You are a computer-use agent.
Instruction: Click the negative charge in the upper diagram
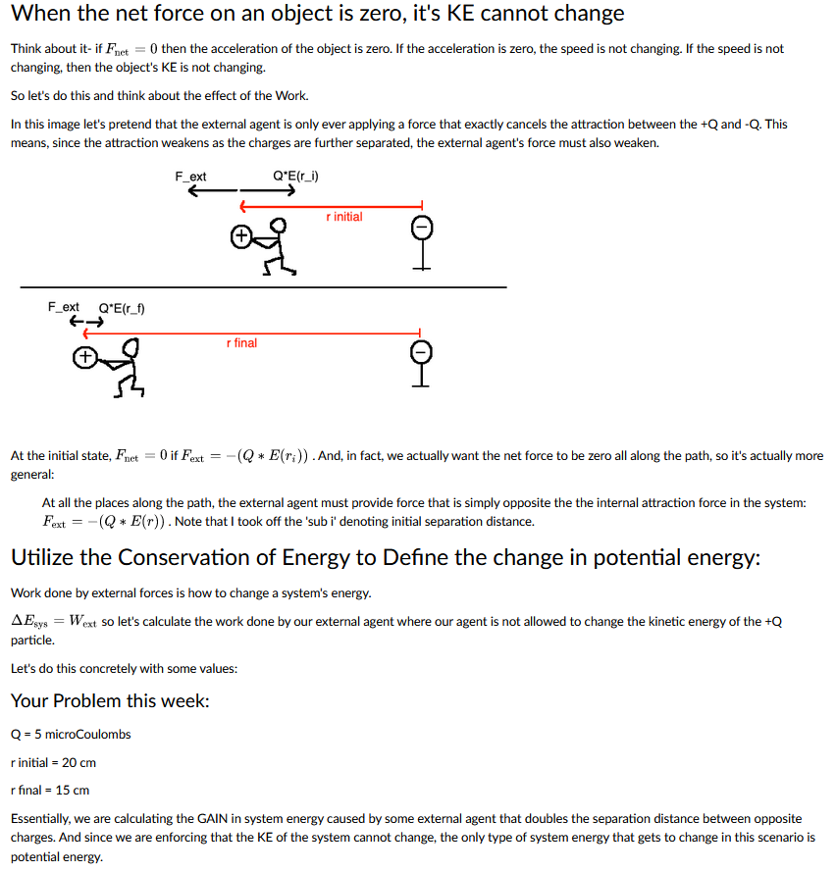pyautogui.click(x=421, y=228)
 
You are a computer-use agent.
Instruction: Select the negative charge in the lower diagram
pyautogui.click(x=421, y=351)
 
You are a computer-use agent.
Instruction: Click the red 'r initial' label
pyautogui.click(x=343, y=217)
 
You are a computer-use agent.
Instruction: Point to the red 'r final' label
pyautogui.click(x=241, y=343)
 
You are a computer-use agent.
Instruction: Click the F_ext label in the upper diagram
pyautogui.click(x=190, y=177)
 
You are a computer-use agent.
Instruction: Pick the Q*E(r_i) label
pyautogui.click(x=299, y=177)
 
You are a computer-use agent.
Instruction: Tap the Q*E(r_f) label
pyautogui.click(x=123, y=307)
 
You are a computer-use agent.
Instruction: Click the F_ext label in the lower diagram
pyautogui.click(x=64, y=307)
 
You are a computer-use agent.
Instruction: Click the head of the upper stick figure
pyautogui.click(x=281, y=228)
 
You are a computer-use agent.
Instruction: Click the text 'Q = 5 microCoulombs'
pyautogui.click(x=71, y=734)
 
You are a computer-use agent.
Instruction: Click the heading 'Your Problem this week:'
pyautogui.click(x=110, y=700)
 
